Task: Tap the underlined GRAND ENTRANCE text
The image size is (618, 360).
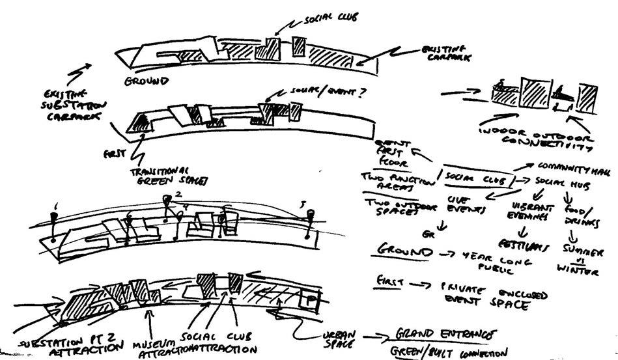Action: pyautogui.click(x=442, y=335)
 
